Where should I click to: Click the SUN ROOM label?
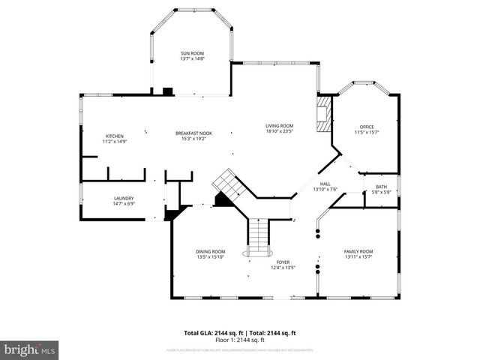192,53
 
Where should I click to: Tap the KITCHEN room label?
114,136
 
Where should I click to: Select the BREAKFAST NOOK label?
193,133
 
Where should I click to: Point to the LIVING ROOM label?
279,125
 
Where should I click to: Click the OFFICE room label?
366,127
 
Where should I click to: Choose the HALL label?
325,184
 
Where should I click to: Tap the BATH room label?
381,187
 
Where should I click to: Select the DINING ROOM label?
210,251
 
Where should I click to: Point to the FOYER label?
283,262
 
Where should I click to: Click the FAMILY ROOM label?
358,251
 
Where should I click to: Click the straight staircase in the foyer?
258,236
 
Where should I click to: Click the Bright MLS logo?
30,349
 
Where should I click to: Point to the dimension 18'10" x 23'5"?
279,130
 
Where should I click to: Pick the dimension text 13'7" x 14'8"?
192,58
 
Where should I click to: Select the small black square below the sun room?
168,91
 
